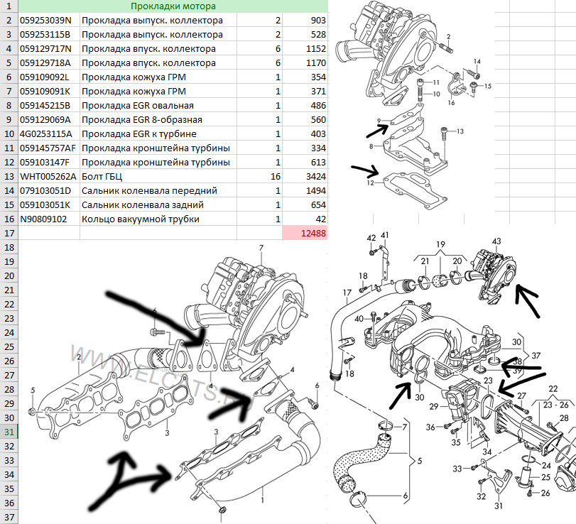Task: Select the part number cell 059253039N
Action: point(48,21)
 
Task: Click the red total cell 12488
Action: point(305,233)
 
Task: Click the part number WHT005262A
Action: point(48,177)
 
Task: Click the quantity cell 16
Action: point(274,177)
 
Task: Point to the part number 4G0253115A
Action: point(48,134)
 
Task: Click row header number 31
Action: point(9,432)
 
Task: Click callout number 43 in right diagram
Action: point(496,243)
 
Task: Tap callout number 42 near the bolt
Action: point(371,237)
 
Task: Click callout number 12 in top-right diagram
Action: point(371,183)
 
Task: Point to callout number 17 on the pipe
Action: point(347,293)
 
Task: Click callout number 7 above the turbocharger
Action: point(261,248)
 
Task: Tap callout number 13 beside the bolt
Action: point(460,132)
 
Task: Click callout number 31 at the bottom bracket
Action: point(498,506)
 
